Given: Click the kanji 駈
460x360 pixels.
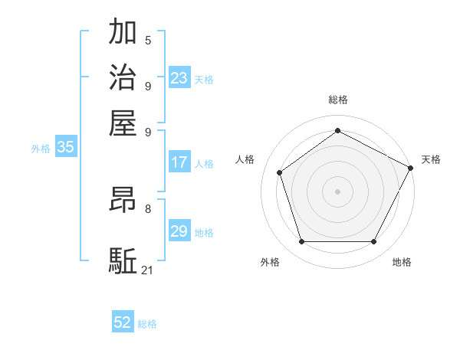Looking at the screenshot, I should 123,260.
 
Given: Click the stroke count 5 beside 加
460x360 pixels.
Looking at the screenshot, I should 148,40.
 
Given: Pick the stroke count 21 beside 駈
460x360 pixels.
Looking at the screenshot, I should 148,270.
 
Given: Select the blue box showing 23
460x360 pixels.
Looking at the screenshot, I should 179,78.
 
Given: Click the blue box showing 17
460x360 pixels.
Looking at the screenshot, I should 179,162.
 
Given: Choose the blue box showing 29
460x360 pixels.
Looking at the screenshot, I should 179,231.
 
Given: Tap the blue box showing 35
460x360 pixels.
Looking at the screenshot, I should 65,148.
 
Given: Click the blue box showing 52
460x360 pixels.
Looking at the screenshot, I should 123,323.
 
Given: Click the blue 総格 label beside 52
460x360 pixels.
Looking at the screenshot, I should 148,324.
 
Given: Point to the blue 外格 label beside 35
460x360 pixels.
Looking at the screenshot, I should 41,149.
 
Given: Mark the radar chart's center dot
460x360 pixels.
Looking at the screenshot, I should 337,191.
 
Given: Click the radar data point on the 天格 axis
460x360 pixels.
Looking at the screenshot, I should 411,167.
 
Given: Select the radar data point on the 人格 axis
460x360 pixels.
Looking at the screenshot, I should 280,172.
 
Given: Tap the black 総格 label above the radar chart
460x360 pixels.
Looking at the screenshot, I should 337,100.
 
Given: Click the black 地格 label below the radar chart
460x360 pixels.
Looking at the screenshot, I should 402,262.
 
